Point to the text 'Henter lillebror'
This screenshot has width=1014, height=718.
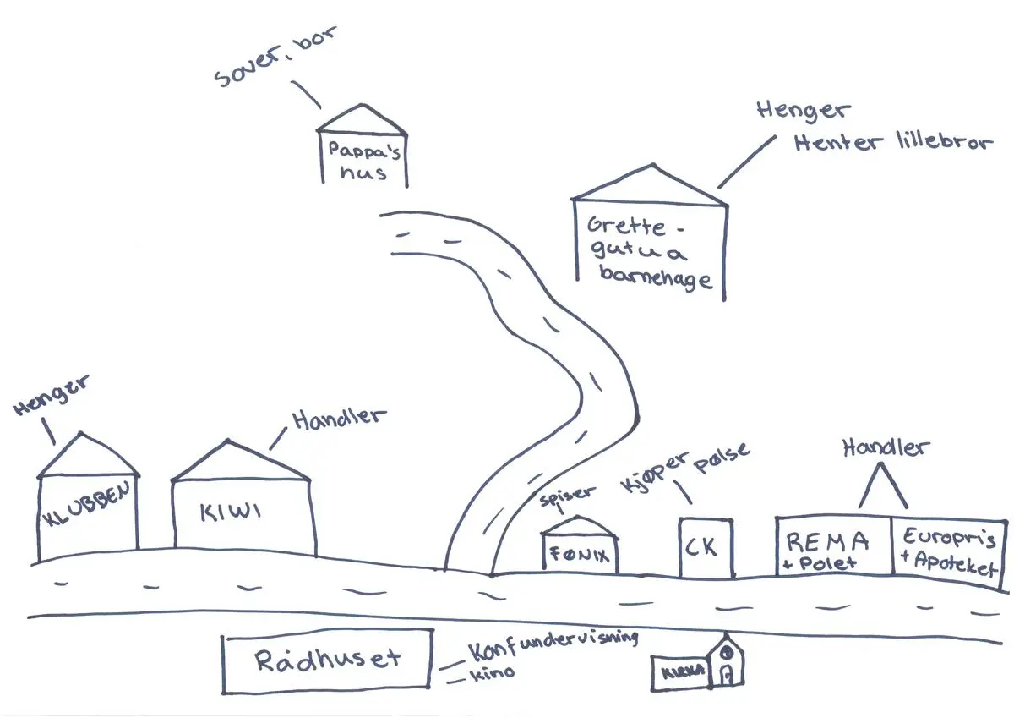pyautogui.click(x=891, y=142)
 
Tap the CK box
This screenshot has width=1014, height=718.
pyautogui.click(x=705, y=547)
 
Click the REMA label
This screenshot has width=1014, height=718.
pyautogui.click(x=827, y=540)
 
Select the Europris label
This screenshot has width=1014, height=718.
pyautogui.click(x=948, y=538)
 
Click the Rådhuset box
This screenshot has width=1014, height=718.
pyautogui.click(x=327, y=660)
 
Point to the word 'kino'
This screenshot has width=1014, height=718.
pyautogui.click(x=494, y=673)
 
